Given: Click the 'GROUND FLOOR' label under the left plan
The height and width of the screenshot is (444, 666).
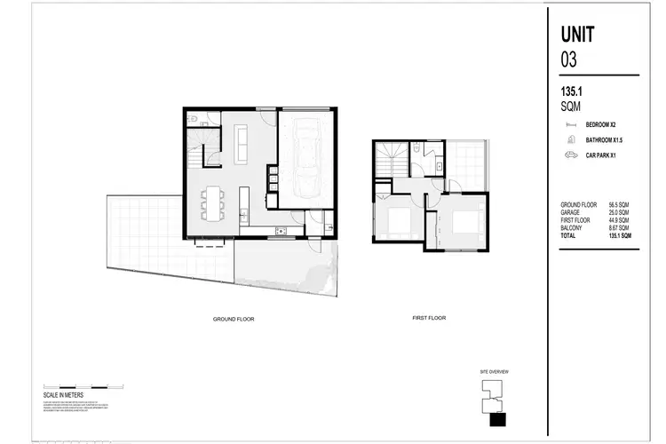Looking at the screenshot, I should pos(234,318).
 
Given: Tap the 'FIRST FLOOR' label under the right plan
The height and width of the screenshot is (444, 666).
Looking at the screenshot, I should pos(429,318).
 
